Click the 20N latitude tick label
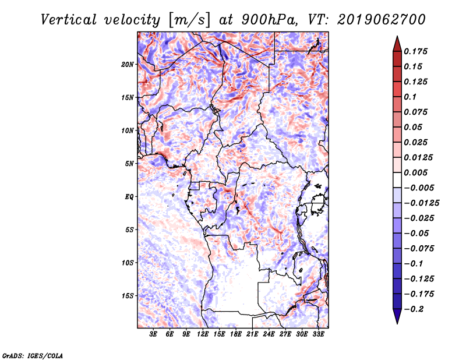(x=128, y=65)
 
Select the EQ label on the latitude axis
(x=129, y=197)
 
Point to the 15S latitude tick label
(x=128, y=296)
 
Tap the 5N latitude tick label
(x=129, y=164)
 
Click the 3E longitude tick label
(x=153, y=334)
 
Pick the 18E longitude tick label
(x=236, y=334)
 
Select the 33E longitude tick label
(x=318, y=334)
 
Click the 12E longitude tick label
(x=203, y=334)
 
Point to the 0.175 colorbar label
(x=415, y=51)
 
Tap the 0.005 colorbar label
(x=415, y=172)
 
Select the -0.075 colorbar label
(x=419, y=249)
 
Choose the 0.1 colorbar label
(x=410, y=97)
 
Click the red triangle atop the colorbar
(x=397, y=45)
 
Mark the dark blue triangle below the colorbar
(x=397, y=316)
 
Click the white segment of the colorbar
(x=397, y=180)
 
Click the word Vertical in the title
(x=69, y=20)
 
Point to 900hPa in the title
(x=269, y=20)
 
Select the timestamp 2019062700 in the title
(x=382, y=20)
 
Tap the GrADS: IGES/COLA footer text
(x=33, y=355)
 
